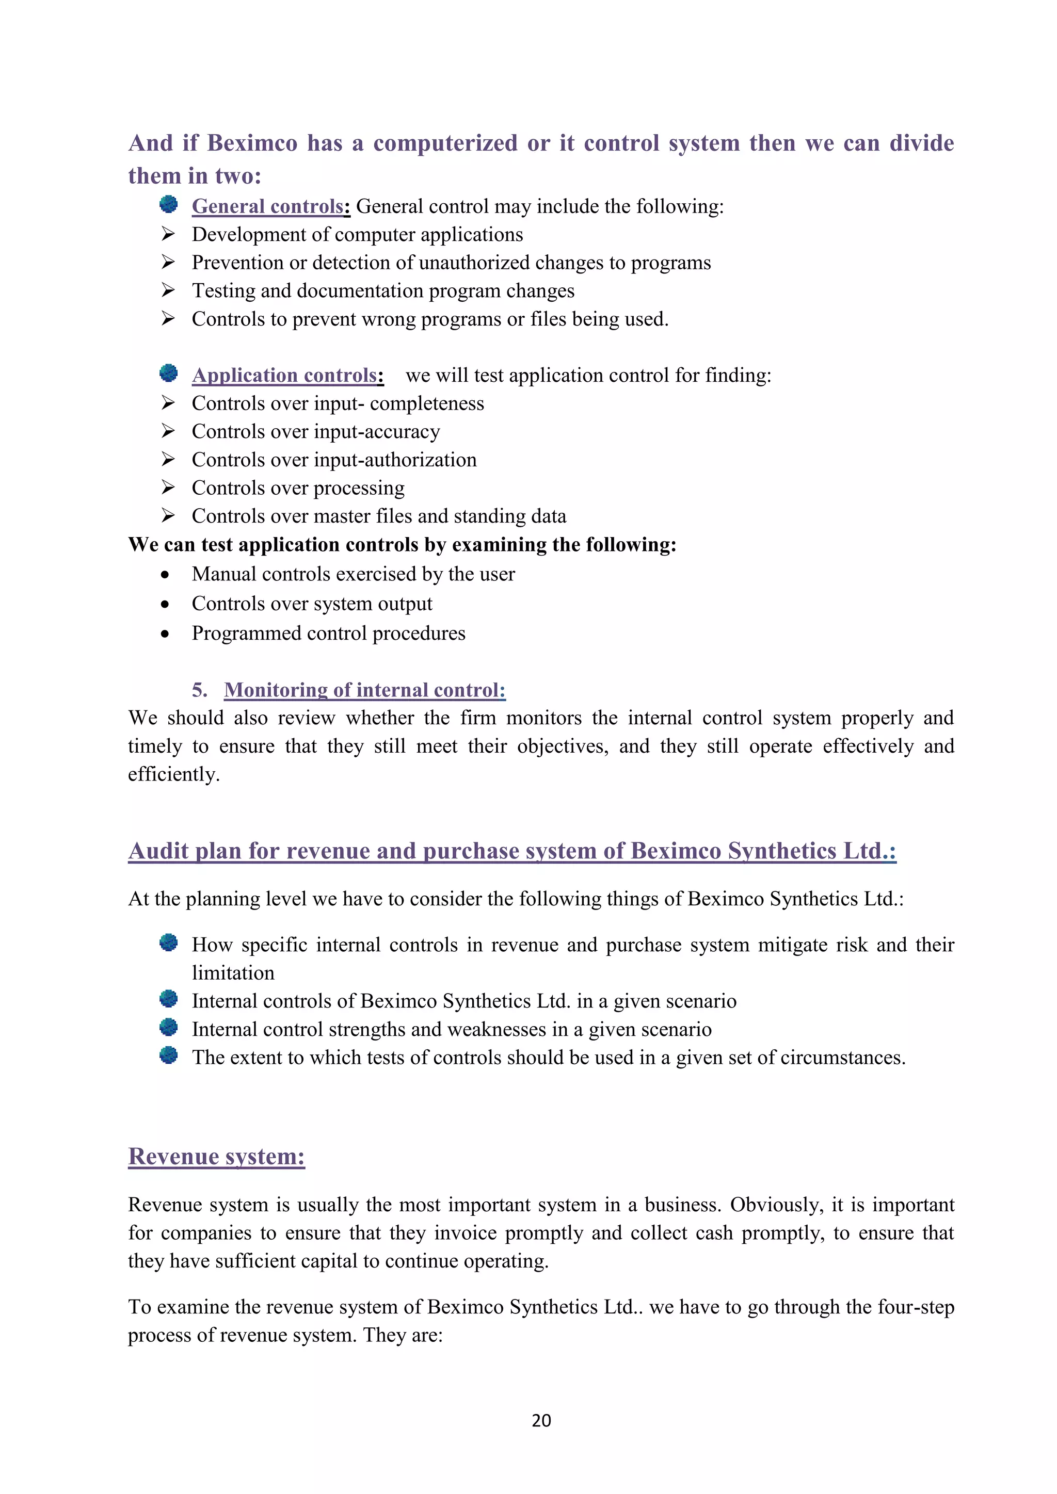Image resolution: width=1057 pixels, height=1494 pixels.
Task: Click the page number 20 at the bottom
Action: point(541,1420)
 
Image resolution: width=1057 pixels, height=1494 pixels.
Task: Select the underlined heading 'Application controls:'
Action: point(287,376)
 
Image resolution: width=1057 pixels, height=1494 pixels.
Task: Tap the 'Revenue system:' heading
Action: point(216,1156)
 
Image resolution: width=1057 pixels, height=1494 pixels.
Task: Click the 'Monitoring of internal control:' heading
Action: point(364,690)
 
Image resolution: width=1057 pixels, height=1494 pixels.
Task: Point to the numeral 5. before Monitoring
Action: point(200,690)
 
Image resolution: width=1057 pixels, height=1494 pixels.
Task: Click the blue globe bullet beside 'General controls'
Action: point(169,204)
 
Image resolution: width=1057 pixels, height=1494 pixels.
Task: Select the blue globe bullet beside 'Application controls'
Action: point(169,373)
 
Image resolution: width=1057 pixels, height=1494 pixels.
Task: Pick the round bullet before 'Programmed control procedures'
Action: point(165,635)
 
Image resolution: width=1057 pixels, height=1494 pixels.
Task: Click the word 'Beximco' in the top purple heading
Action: point(252,143)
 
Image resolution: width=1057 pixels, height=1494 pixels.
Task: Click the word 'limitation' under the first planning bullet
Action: point(233,973)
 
